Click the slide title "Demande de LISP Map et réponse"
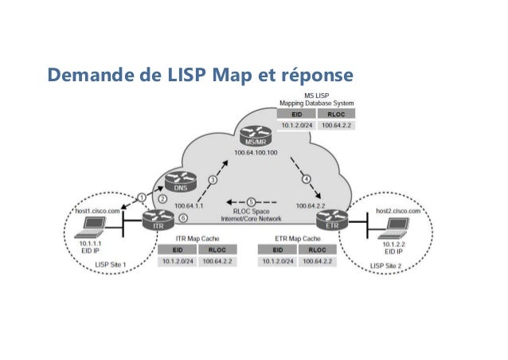click(x=199, y=76)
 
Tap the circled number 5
click(x=251, y=201)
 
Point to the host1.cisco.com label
click(x=97, y=211)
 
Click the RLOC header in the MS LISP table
click(x=334, y=115)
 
